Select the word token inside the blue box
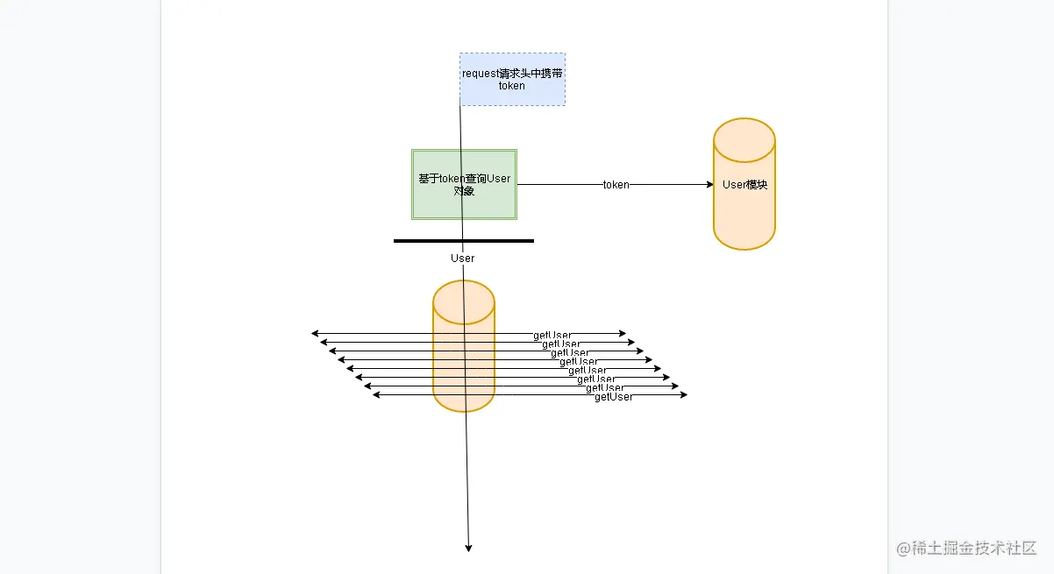point(511,86)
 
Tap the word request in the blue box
point(481,74)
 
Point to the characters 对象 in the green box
point(464,190)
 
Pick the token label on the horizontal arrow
point(616,185)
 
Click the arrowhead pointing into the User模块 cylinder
point(709,185)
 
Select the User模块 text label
point(744,185)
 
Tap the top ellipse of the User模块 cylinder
point(744,139)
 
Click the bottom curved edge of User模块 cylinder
point(744,248)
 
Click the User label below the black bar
point(462,258)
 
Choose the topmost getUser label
point(552,335)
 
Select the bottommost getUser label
point(614,397)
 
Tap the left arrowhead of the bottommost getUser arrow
point(376,395)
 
